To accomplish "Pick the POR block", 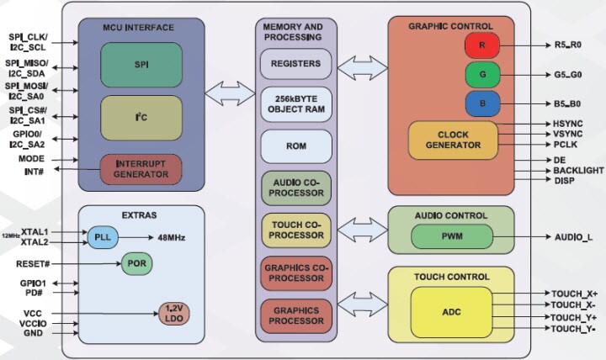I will click(136, 263).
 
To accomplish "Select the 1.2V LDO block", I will click(173, 313).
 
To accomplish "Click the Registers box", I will click(295, 64).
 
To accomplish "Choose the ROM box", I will click(295, 146).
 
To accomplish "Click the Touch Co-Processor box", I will click(295, 230).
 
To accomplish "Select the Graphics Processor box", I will click(295, 315).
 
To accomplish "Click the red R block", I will click(482, 45).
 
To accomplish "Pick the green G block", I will click(482, 74).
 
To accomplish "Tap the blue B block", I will click(482, 103).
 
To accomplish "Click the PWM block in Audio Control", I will click(453, 236).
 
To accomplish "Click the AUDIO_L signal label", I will click(572, 237).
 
